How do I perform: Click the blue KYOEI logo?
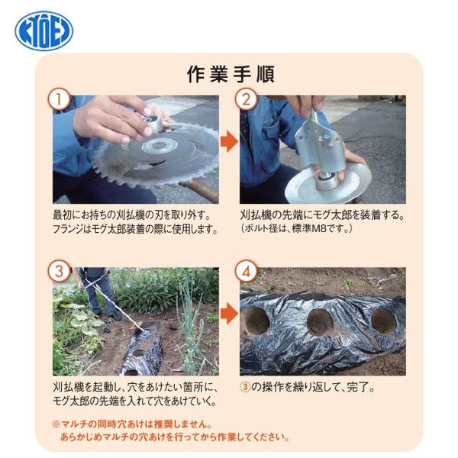click(44, 31)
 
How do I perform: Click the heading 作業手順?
click(231, 75)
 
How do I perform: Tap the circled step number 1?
click(60, 99)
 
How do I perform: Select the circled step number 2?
click(247, 99)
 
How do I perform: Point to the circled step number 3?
click(60, 271)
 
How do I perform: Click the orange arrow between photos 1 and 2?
click(229, 141)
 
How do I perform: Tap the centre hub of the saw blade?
click(160, 145)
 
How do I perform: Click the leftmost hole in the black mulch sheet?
click(255, 321)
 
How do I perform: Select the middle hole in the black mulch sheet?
click(320, 322)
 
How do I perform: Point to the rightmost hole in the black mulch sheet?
click(384, 321)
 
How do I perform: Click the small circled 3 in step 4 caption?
click(245, 387)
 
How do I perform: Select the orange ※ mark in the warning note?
click(56, 424)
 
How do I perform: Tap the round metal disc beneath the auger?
click(327, 185)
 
